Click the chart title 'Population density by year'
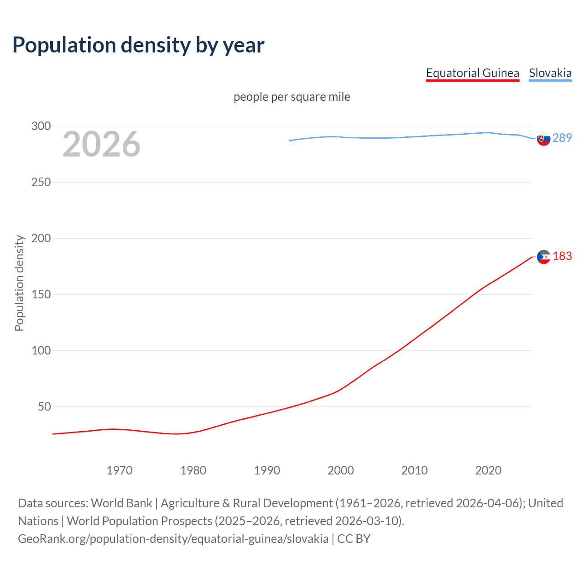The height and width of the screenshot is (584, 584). click(x=138, y=45)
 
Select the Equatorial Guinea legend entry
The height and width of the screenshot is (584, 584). click(x=472, y=73)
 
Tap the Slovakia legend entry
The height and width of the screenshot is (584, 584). click(x=550, y=73)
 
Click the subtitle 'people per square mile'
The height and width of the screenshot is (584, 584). click(x=292, y=97)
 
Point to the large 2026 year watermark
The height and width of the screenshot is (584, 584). click(x=101, y=144)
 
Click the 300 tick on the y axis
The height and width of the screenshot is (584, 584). click(x=41, y=126)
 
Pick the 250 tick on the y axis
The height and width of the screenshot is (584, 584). click(x=41, y=182)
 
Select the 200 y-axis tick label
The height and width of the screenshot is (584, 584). click(x=41, y=238)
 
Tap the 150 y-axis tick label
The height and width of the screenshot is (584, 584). click(x=41, y=294)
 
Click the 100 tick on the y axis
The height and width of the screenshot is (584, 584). click(x=41, y=350)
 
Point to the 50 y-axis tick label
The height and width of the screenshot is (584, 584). click(x=44, y=407)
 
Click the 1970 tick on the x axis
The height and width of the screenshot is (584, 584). click(x=120, y=470)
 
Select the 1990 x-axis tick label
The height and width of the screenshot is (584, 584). click(x=267, y=470)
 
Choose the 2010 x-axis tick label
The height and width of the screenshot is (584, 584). click(x=414, y=470)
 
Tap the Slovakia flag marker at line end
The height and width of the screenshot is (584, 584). click(x=543, y=138)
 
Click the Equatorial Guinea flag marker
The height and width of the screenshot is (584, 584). click(x=543, y=257)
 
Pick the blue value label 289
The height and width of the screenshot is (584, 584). click(x=562, y=138)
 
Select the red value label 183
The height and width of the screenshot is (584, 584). click(x=562, y=256)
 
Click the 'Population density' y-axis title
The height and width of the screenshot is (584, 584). click(x=19, y=283)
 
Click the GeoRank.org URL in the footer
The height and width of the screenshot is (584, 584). click(x=173, y=539)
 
